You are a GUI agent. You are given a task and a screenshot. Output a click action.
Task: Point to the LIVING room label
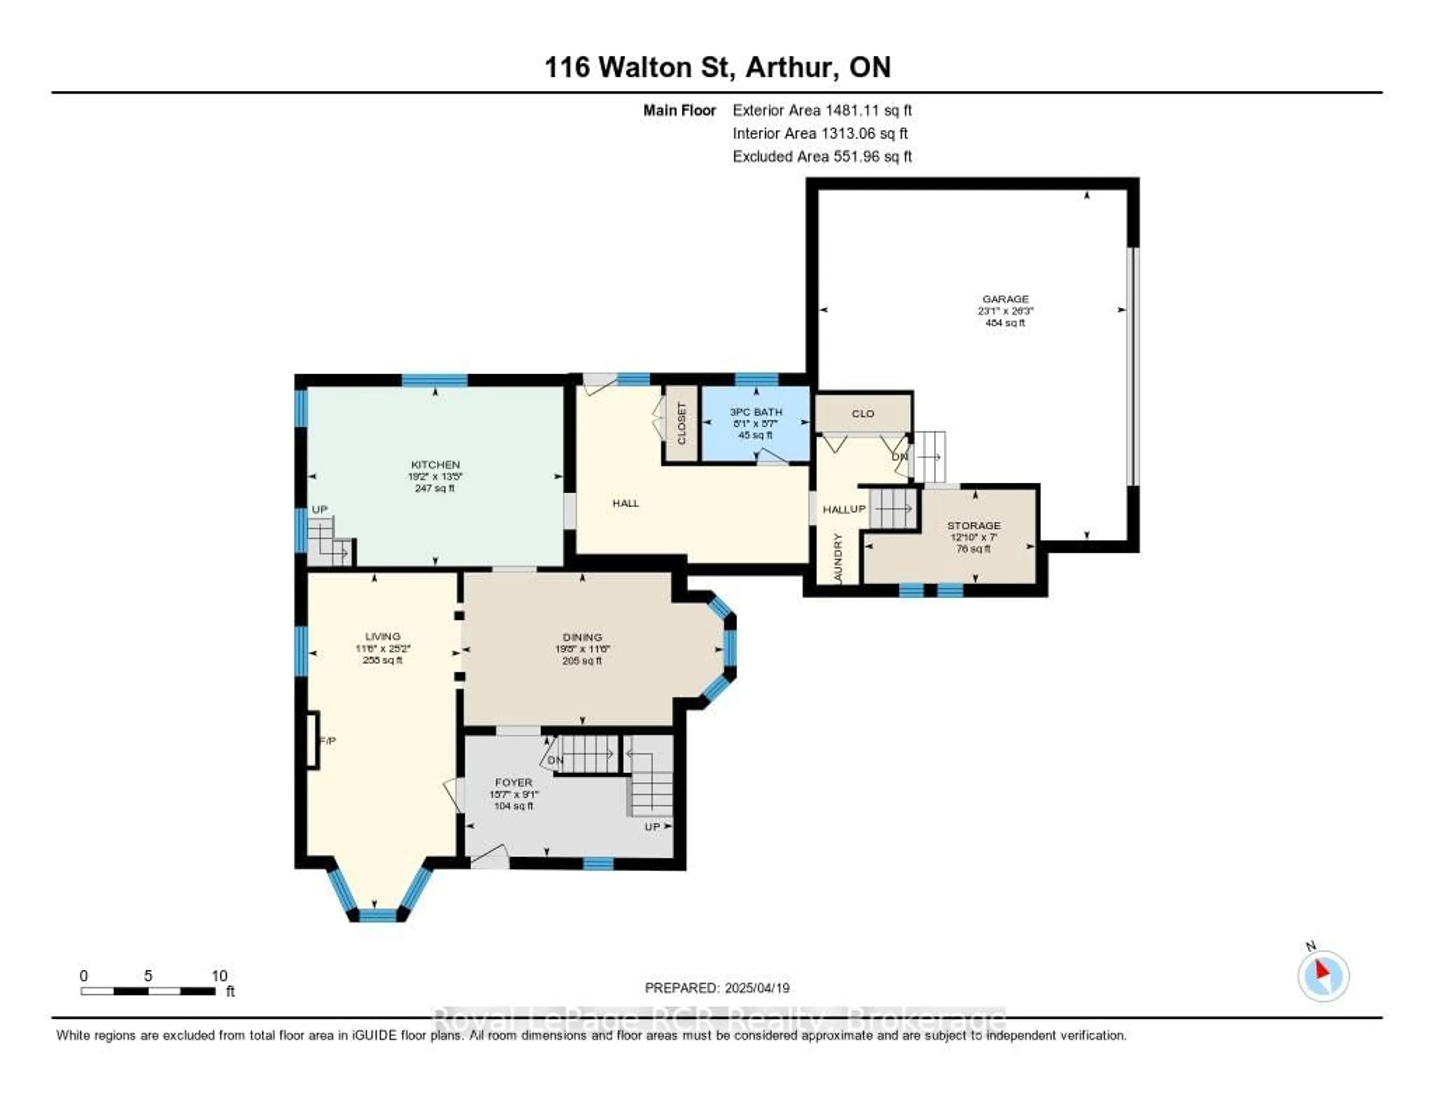(x=382, y=636)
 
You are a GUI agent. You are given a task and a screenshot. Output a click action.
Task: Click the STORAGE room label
(x=973, y=526)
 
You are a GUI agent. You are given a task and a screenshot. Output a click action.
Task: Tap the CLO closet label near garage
(x=862, y=414)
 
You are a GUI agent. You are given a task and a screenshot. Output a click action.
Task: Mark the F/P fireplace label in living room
(x=327, y=741)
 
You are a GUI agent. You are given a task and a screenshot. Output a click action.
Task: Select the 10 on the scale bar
(x=219, y=976)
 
